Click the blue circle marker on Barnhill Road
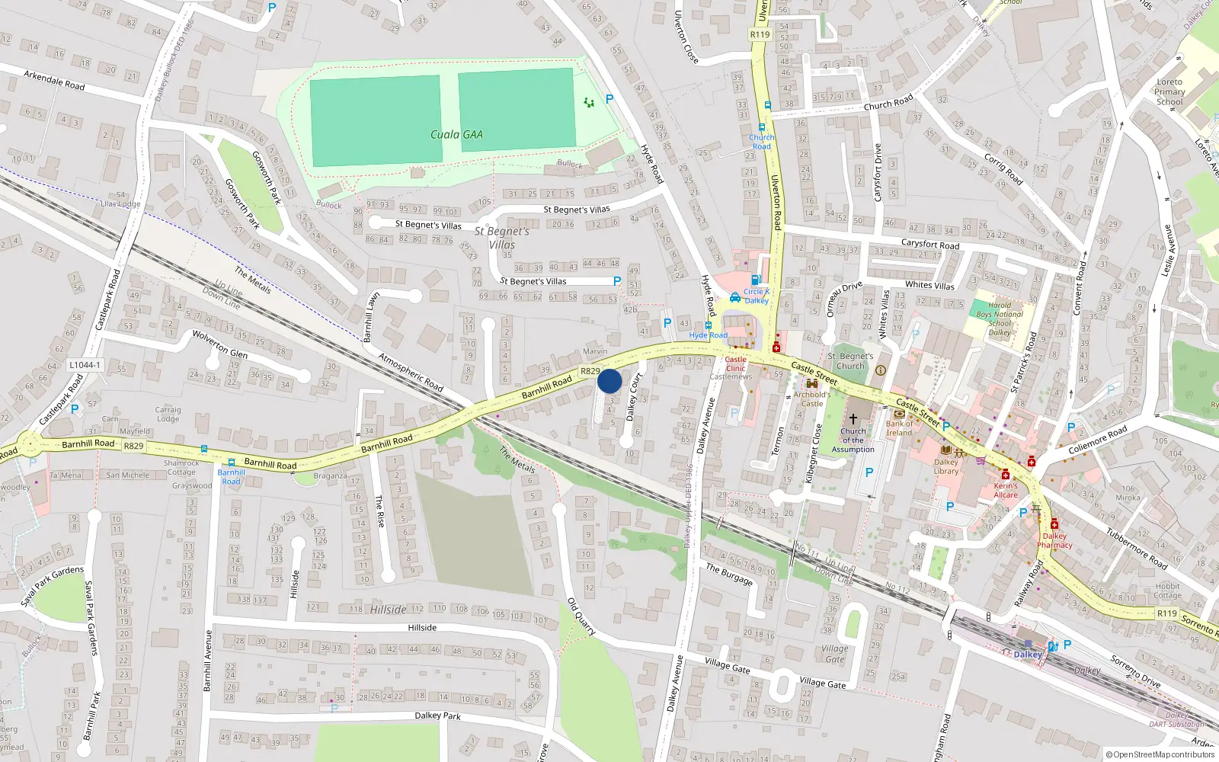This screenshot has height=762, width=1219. [609, 381]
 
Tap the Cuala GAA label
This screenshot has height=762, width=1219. [456, 135]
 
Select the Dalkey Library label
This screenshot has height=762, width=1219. [946, 466]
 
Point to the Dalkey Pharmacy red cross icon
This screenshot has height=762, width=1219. [1054, 524]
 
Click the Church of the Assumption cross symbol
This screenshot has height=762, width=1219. [853, 418]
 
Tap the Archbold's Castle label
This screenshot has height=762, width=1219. [812, 399]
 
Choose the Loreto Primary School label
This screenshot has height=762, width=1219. [1169, 91]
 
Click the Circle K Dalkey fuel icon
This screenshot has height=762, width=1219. [756, 280]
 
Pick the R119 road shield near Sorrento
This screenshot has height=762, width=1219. [1166, 613]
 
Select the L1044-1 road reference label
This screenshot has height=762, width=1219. [85, 365]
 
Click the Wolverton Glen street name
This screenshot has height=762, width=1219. [219, 344]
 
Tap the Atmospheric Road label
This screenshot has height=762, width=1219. [411, 373]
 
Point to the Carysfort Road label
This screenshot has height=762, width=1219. [929, 245]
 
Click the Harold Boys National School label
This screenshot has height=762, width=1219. [1000, 319]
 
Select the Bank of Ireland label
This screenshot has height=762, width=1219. [899, 428]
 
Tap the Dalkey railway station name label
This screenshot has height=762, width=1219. [1028, 655]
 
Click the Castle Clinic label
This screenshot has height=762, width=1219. [736, 363]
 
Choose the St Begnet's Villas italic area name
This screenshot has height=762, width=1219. [501, 238]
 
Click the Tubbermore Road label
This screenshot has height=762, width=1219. [1137, 548]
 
